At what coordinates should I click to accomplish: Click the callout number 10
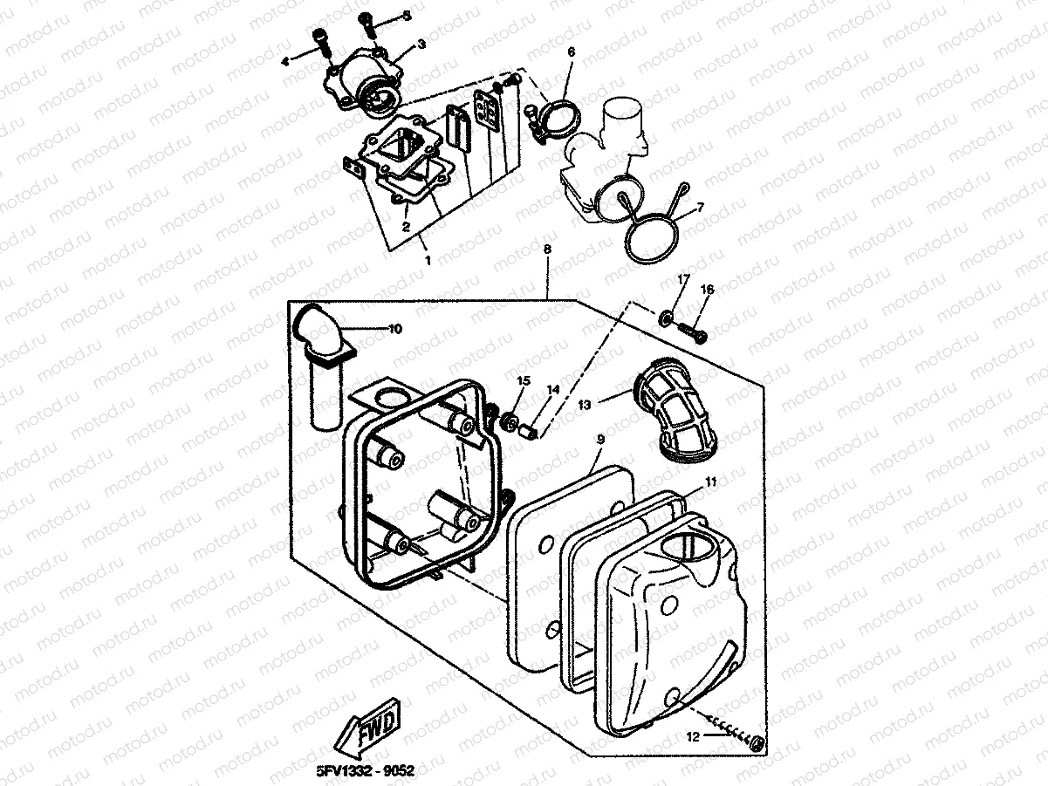394,329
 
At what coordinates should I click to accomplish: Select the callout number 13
585,405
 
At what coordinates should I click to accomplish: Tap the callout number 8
547,249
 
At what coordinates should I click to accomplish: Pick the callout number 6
572,52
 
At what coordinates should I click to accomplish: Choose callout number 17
683,278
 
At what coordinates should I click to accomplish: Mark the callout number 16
707,290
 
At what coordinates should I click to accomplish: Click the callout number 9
600,442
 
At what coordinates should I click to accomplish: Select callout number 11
711,481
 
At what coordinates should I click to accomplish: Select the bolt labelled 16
693,331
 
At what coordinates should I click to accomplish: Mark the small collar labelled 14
528,431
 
